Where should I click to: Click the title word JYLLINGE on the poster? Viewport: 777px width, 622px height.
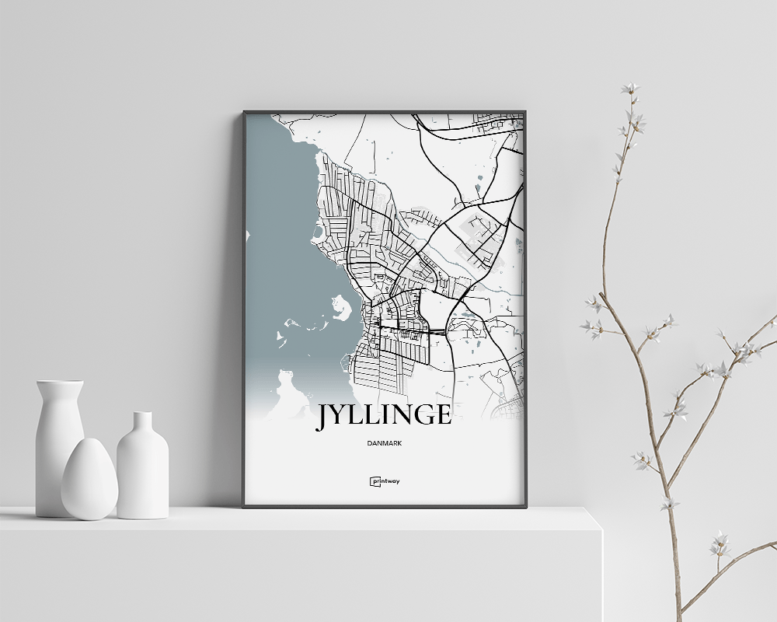point(383,415)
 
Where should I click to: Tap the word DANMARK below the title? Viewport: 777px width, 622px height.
point(385,444)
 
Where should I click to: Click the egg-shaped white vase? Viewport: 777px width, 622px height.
point(89,480)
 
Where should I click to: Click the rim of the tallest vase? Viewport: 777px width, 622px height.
point(60,382)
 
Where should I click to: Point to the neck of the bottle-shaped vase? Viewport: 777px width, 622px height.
point(142,425)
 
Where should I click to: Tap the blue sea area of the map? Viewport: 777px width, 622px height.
point(280,233)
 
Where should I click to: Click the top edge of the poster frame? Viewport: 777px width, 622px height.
point(385,112)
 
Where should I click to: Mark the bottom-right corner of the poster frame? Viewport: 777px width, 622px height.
point(525,507)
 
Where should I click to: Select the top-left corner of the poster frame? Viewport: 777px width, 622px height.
point(244,112)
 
